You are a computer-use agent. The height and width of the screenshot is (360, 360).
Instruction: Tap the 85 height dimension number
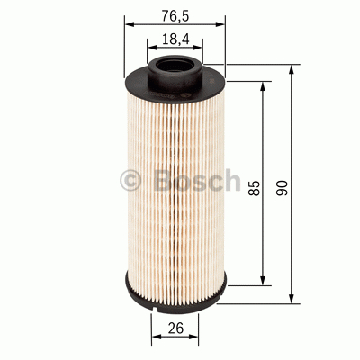pos(255,187)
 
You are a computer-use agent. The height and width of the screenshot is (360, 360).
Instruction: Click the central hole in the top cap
pos(175,66)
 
